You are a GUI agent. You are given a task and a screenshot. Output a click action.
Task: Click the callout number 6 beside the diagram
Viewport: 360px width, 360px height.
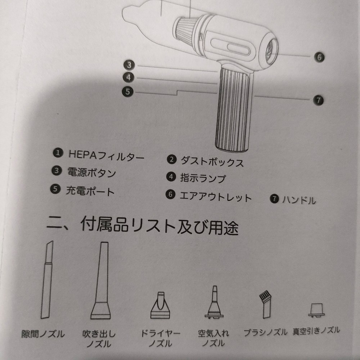click(319, 57)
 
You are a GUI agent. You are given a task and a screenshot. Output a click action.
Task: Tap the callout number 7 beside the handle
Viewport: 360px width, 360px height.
click(319, 100)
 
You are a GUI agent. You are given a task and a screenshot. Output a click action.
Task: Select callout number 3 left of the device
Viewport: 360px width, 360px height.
click(129, 65)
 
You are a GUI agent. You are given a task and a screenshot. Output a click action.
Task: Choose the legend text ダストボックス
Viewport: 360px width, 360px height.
click(212, 161)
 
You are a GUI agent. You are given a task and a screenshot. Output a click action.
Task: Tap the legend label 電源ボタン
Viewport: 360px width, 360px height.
click(91, 172)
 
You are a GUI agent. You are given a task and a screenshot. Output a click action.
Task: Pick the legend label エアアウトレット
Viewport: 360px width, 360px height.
click(216, 197)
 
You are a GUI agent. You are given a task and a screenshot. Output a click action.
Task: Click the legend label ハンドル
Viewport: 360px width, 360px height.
click(299, 200)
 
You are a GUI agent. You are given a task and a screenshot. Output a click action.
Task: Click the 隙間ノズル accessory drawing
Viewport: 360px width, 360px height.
click(47, 280)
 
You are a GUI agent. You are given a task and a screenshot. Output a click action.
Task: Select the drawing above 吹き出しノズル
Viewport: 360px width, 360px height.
click(101, 280)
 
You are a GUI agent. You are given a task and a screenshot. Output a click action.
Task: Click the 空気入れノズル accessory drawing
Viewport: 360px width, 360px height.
click(214, 302)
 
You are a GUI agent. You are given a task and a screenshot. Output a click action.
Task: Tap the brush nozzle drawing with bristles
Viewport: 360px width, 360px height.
click(265, 304)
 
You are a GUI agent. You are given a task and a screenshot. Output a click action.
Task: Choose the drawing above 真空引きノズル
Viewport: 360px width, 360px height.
click(316, 310)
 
